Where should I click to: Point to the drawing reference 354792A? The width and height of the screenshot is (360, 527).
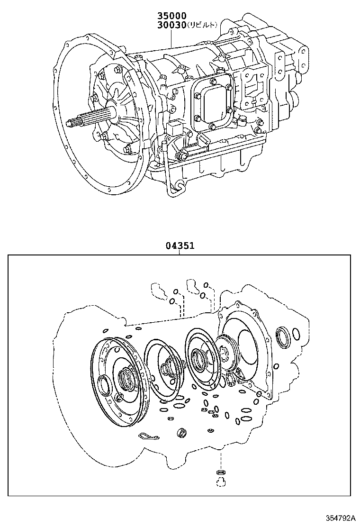[x=340, y=518]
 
